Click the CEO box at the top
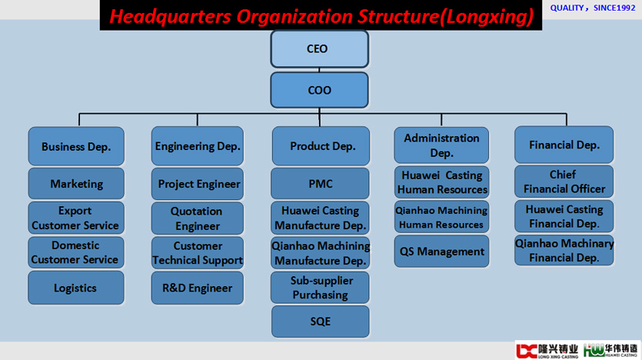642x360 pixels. [x=319, y=49]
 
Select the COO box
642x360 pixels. [x=319, y=90]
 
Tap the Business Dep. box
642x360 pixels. [x=76, y=146]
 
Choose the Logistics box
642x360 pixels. [x=76, y=288]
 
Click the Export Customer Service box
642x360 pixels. [x=76, y=218]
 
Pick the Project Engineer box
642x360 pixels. [x=198, y=184]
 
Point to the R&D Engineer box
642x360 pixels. [x=198, y=288]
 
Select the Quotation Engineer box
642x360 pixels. [x=198, y=218]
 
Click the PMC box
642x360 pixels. [x=320, y=184]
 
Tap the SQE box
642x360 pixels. [x=320, y=322]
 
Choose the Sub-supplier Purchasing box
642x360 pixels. [x=320, y=288]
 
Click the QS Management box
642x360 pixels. [x=441, y=251]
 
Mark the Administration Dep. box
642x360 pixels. [x=441, y=145]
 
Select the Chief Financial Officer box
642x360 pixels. [x=564, y=182]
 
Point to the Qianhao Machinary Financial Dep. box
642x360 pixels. [x=564, y=250]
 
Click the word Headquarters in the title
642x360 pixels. [x=171, y=17]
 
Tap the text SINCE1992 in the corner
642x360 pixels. [x=614, y=8]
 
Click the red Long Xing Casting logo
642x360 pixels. [x=547, y=351]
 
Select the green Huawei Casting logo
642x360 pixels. [x=610, y=350]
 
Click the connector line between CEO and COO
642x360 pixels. [x=319, y=70]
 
